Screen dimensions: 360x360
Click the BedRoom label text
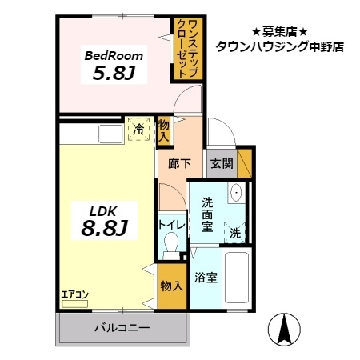click(x=114, y=56)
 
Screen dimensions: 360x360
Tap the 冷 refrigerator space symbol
click(x=138, y=129)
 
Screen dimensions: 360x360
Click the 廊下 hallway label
click(x=180, y=163)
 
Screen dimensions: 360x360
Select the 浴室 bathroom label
click(x=206, y=278)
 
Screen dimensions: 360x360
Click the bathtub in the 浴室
click(x=238, y=281)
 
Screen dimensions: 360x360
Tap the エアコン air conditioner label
click(x=75, y=294)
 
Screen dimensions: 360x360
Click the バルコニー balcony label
click(x=122, y=326)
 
